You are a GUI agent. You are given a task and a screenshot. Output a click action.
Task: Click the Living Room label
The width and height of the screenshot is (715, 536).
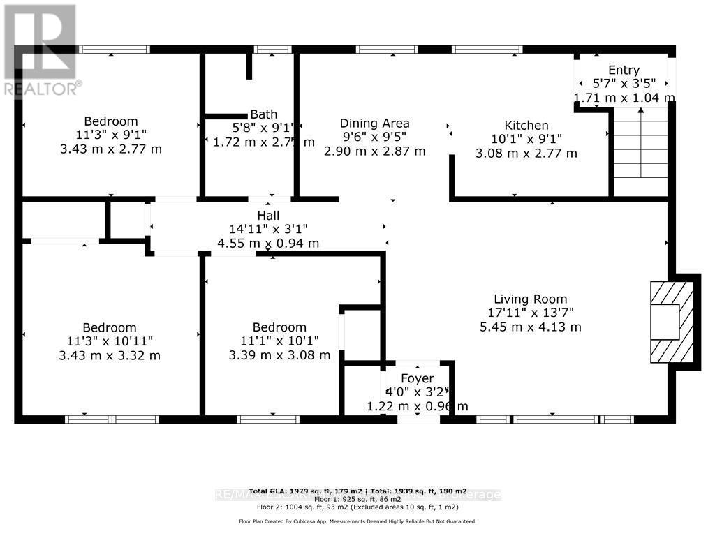[530, 299]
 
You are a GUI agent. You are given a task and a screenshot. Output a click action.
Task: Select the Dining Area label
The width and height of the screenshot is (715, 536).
[374, 124]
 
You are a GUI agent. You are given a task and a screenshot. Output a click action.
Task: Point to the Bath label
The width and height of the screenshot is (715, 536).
[264, 114]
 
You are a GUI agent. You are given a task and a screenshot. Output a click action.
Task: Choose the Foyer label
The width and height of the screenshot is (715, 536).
[417, 380]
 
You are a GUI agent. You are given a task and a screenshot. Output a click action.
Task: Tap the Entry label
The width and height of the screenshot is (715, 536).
[624, 70]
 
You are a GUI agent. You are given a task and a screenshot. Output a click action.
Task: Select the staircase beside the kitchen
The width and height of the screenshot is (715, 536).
[640, 150]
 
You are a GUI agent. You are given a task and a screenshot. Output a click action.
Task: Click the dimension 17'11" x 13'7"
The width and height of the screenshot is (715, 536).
[530, 313]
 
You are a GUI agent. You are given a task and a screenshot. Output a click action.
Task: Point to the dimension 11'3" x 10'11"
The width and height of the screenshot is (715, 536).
[109, 341]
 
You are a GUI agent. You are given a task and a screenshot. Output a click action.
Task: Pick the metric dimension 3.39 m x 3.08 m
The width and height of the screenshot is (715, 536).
[279, 355]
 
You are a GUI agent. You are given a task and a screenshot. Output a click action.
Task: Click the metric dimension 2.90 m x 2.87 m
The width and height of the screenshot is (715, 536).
[374, 151]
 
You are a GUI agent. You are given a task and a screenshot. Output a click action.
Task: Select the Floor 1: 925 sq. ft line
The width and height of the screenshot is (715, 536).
[357, 500]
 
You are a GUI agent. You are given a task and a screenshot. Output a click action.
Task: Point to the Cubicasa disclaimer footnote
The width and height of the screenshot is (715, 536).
[357, 521]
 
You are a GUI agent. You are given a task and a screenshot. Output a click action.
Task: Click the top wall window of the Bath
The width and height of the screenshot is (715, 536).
[272, 50]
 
